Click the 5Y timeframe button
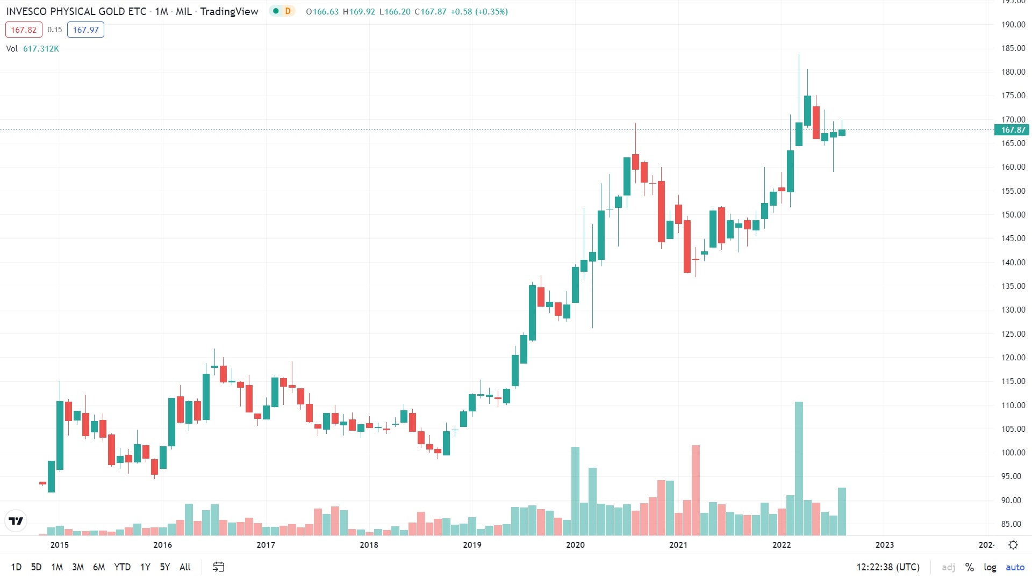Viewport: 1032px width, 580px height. (x=164, y=567)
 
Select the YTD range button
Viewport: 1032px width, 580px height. (x=122, y=567)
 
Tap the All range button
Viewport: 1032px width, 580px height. (x=185, y=567)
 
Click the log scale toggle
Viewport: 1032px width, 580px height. (x=990, y=567)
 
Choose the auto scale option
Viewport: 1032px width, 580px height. (x=1015, y=567)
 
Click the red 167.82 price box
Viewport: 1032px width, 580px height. (x=24, y=30)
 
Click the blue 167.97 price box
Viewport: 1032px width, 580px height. (x=85, y=30)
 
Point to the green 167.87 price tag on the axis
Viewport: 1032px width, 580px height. (x=1012, y=130)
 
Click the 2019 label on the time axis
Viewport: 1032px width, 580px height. (x=472, y=545)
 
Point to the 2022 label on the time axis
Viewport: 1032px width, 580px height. (x=782, y=545)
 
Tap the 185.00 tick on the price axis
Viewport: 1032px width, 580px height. (x=1013, y=48)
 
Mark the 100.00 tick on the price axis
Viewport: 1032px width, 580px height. (x=1013, y=453)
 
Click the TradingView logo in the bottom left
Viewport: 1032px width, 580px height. (x=16, y=521)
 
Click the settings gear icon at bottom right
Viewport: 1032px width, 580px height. (x=1013, y=545)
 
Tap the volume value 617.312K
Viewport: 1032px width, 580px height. (x=41, y=49)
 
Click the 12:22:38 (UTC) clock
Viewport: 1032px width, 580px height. (x=888, y=567)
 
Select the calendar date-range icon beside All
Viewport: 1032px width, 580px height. (x=218, y=567)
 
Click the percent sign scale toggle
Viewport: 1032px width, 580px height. (x=970, y=567)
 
